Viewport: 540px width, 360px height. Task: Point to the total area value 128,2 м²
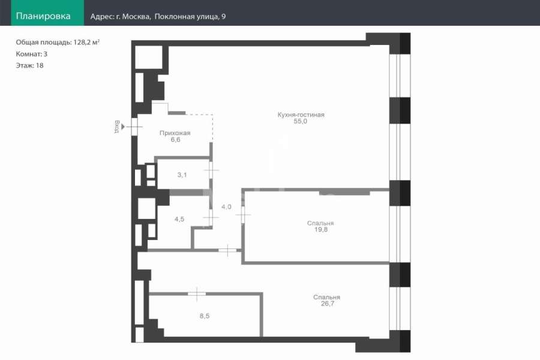86,42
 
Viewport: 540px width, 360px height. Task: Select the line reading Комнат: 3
32,54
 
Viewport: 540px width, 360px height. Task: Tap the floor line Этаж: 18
29,65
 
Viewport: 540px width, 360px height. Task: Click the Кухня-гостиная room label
301,115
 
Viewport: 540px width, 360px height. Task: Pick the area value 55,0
301,121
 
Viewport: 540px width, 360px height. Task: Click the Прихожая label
175,133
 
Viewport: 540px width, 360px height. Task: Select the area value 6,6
175,140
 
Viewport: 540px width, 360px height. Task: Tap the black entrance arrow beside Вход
123,127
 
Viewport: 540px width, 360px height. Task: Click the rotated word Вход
117,127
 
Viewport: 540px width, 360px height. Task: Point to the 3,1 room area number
182,175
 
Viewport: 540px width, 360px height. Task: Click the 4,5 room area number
179,219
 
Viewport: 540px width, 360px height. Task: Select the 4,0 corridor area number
226,206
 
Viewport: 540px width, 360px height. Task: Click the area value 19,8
321,229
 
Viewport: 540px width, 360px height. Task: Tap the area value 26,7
328,304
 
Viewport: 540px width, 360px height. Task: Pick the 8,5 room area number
205,316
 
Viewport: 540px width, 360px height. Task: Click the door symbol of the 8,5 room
197,294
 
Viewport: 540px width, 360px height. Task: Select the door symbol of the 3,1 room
211,170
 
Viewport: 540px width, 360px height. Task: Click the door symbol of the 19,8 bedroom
243,215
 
